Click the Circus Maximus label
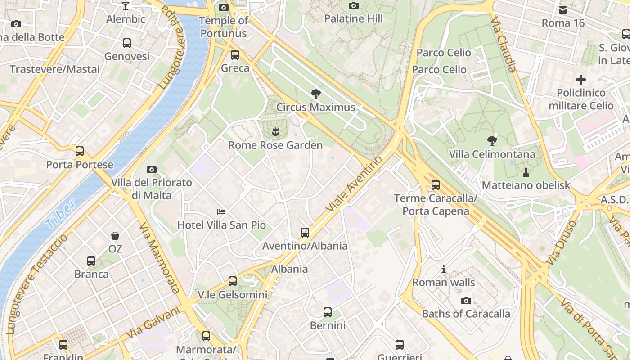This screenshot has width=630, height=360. pyautogui.click(x=315, y=108)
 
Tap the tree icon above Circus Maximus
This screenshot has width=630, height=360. pyautogui.click(x=316, y=94)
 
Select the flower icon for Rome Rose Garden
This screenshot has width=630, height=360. pyautogui.click(x=275, y=132)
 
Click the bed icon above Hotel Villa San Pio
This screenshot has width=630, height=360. pyautogui.click(x=221, y=211)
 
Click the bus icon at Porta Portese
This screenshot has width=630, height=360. pyautogui.click(x=80, y=151)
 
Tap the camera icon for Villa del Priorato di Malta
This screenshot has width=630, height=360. pyautogui.click(x=152, y=170)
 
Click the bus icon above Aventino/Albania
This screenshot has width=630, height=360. pyautogui.click(x=305, y=233)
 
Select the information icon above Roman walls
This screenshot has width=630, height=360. pyautogui.click(x=444, y=269)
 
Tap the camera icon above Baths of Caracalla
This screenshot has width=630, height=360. pyautogui.click(x=466, y=301)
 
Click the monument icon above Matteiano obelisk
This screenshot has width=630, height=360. pyautogui.click(x=526, y=172)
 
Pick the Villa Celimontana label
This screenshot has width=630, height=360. pyautogui.click(x=492, y=154)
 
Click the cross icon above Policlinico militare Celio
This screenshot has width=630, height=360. pyautogui.click(x=581, y=80)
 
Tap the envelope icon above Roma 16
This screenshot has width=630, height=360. pyautogui.click(x=563, y=10)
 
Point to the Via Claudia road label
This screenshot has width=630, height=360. pyautogui.click(x=504, y=45)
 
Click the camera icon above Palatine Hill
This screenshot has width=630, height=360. pyautogui.click(x=354, y=6)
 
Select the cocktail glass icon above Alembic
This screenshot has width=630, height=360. pyautogui.click(x=126, y=6)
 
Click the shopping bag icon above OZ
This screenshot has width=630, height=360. pyautogui.click(x=115, y=236)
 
